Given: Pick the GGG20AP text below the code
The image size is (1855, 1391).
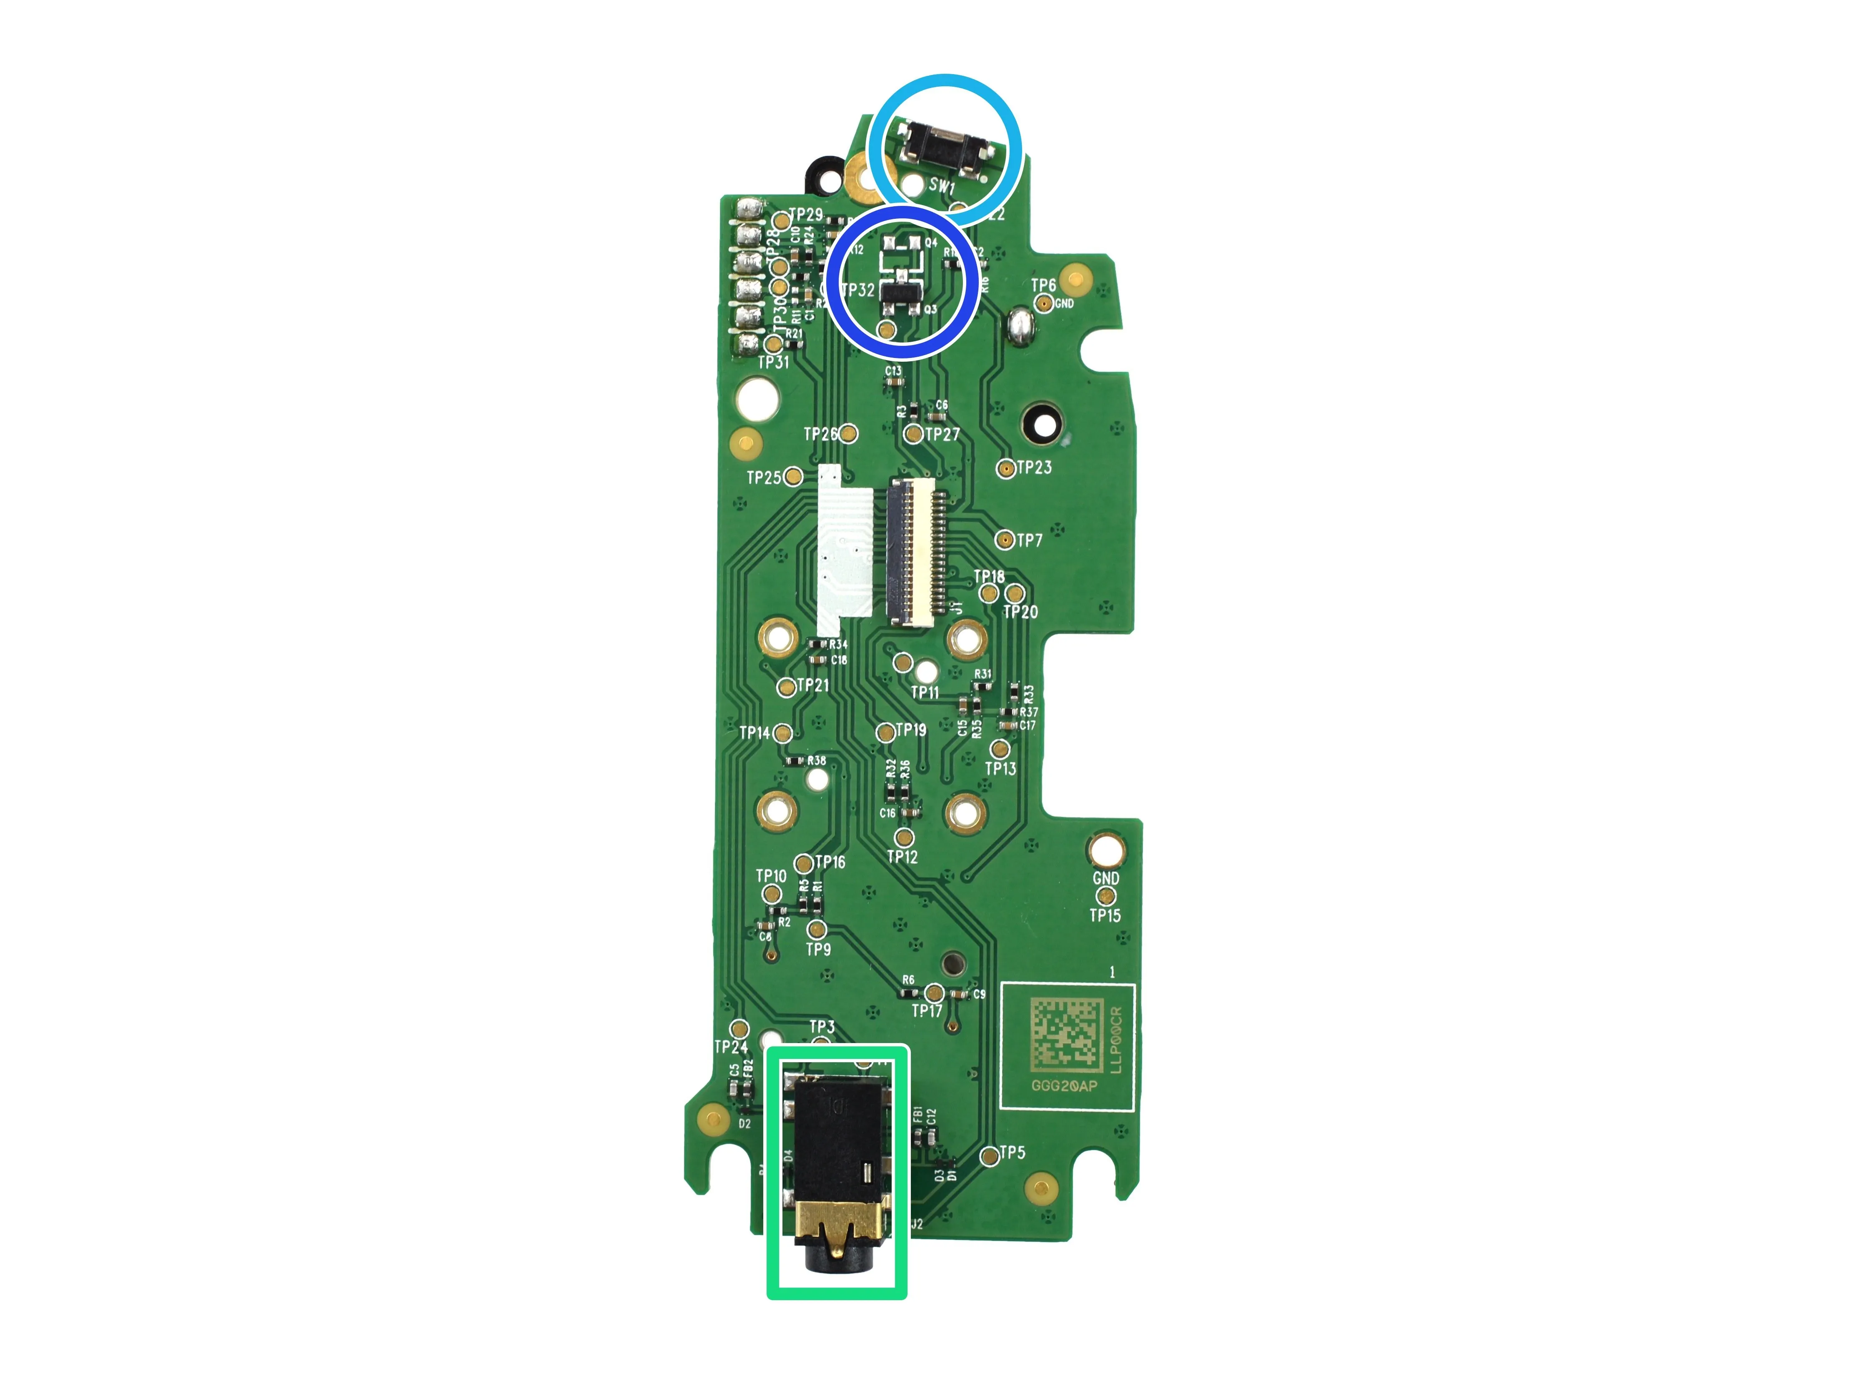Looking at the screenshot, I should (x=1063, y=1086).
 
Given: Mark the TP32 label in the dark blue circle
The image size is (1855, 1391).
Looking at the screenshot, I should (x=858, y=290).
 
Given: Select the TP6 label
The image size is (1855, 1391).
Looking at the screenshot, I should (x=1043, y=285).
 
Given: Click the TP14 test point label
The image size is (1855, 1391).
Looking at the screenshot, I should (x=755, y=733).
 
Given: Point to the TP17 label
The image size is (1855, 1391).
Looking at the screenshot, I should (x=927, y=1011).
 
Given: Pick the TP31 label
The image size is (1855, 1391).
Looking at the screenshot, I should (x=773, y=362).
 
